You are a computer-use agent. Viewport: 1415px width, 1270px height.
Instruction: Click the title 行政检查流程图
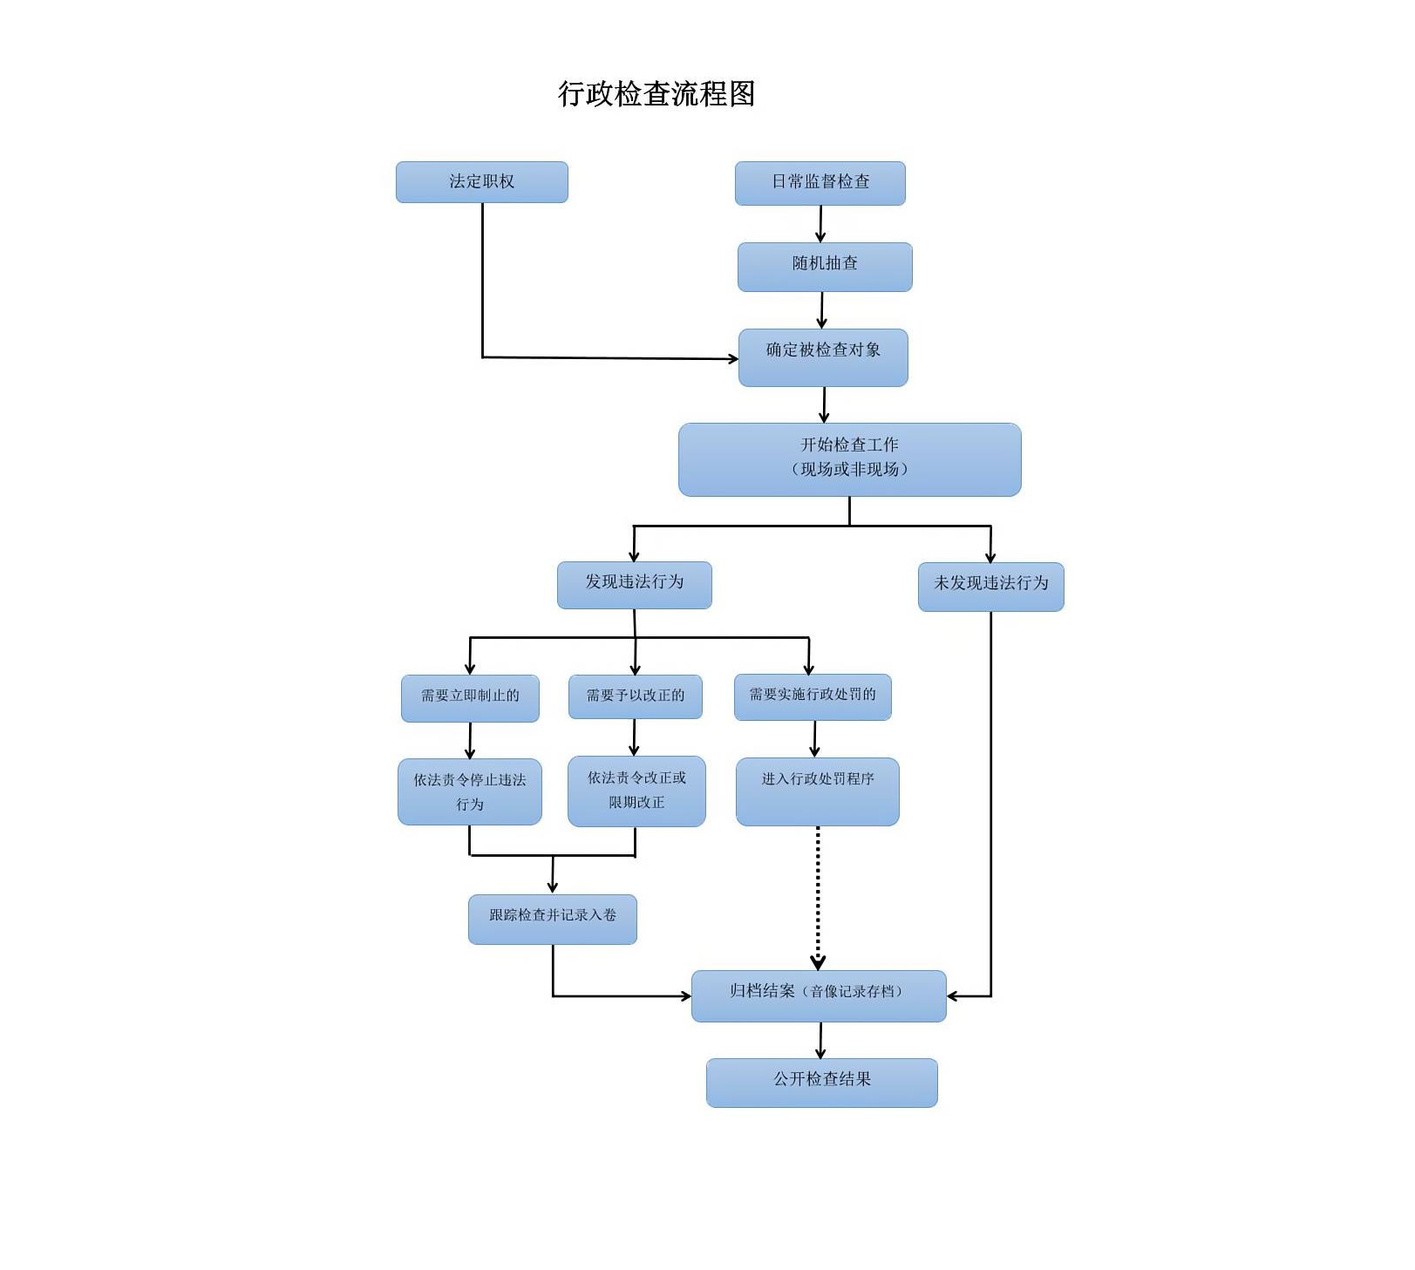[x=656, y=94]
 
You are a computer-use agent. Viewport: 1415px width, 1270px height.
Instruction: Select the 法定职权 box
[x=481, y=182]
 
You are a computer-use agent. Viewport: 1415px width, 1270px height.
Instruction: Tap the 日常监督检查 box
[x=820, y=183]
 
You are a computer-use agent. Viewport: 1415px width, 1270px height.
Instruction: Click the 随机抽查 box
[x=825, y=267]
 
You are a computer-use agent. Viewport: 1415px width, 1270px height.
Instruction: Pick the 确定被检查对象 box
[x=823, y=357]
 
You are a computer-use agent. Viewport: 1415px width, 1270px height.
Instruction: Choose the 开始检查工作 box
[x=849, y=459]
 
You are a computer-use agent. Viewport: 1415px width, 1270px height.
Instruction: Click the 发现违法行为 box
[x=634, y=585]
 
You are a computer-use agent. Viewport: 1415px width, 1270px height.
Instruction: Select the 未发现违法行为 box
[x=990, y=587]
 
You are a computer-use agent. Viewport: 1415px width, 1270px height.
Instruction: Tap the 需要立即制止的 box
[x=470, y=698]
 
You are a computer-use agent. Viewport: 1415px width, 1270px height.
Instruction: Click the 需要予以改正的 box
[x=635, y=696]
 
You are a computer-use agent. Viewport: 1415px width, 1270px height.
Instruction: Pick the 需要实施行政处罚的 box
[x=813, y=697]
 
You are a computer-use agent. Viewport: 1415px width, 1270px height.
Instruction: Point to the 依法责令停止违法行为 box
[x=470, y=791]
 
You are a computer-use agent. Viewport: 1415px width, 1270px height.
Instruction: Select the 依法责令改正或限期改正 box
[x=636, y=791]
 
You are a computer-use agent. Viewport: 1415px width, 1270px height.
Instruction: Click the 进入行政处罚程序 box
[x=817, y=791]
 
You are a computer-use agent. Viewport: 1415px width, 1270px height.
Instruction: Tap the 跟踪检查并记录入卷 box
[x=552, y=919]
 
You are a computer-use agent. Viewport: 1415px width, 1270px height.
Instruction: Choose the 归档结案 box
[x=818, y=995]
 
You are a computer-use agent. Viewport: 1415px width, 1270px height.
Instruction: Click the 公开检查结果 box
[x=821, y=1083]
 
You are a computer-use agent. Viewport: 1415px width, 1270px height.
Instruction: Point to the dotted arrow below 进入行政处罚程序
[x=818, y=898]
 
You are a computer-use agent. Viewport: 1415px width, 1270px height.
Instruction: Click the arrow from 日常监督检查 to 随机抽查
[x=820, y=224]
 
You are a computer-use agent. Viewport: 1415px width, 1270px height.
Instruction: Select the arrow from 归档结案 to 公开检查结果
[x=820, y=1040]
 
